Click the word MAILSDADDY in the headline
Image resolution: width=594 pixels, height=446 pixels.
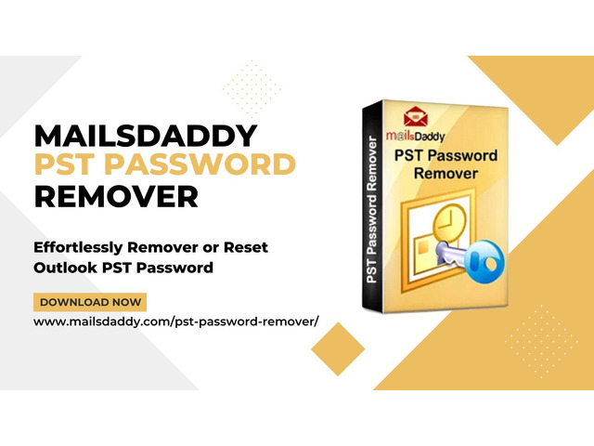tap(146, 136)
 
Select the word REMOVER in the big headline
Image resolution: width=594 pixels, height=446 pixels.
tap(116, 196)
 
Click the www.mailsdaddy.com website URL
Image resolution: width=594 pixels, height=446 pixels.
tap(176, 321)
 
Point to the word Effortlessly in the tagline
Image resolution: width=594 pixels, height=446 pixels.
tap(78, 248)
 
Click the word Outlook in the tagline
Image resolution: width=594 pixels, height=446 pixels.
tap(65, 268)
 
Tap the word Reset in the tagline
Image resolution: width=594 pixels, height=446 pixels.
tap(246, 247)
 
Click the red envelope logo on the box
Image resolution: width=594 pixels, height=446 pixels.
tap(415, 117)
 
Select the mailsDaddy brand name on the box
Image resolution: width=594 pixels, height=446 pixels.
tap(415, 136)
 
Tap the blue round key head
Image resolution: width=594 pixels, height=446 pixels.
tap(484, 261)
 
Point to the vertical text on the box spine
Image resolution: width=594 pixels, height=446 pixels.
tap(371, 209)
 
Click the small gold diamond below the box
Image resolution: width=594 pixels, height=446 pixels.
tap(338, 349)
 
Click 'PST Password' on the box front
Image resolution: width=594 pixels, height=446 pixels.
tap(445, 155)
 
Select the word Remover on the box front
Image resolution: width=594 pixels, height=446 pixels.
tap(445, 174)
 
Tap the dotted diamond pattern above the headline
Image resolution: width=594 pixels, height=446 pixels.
tap(252, 88)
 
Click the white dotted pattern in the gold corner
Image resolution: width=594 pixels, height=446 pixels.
tap(541, 341)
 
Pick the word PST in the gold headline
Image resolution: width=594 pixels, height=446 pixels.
tap(64, 164)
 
